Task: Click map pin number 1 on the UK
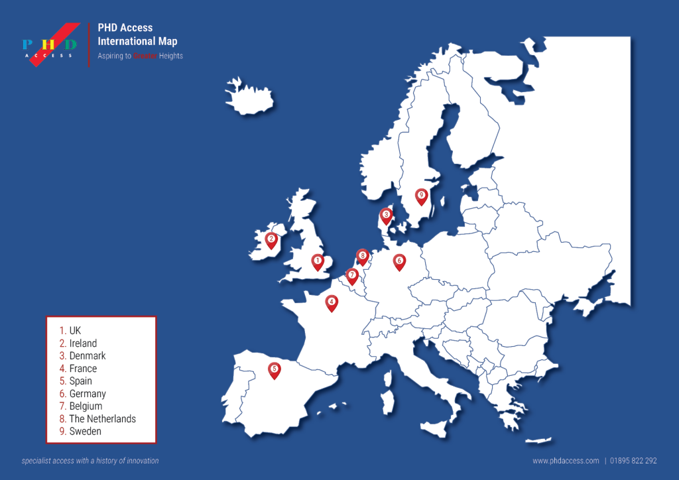point(318,262)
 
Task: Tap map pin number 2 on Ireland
point(271,239)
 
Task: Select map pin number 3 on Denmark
point(385,215)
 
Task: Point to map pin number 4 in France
point(331,302)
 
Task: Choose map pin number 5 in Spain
point(274,369)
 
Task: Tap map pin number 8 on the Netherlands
point(362,256)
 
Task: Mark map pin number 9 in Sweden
point(421,196)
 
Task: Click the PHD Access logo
point(50,45)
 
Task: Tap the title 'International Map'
point(137,41)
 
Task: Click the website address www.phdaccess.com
point(566,461)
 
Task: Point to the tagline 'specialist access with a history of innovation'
point(90,461)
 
